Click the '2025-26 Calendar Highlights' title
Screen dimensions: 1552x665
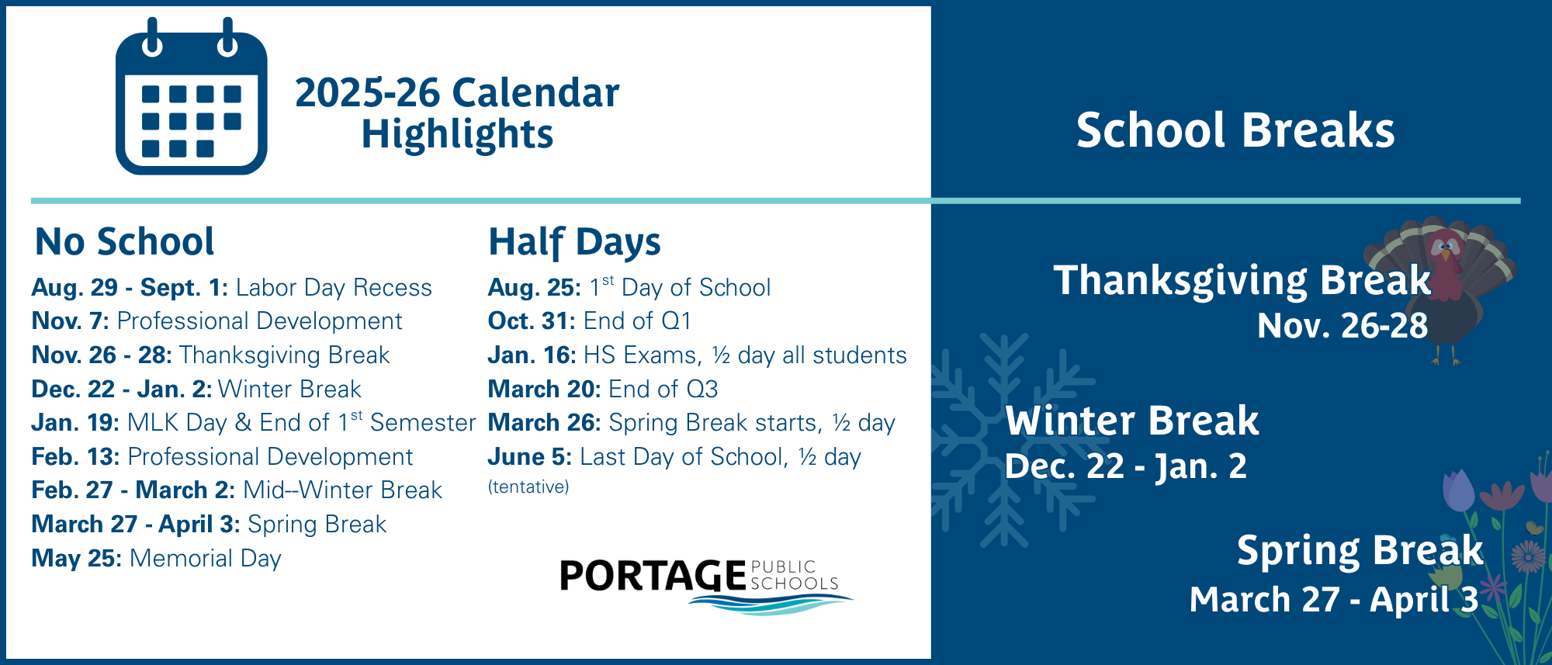(x=457, y=113)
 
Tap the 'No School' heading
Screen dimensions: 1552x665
(x=124, y=241)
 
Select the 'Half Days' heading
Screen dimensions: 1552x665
(x=574, y=241)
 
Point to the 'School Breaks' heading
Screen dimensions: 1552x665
(x=1235, y=130)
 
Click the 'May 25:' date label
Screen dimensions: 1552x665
(x=76, y=559)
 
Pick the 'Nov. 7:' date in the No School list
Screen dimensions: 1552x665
(x=70, y=321)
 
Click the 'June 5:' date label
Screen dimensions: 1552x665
(x=529, y=457)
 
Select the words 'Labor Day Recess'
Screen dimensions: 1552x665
(x=334, y=288)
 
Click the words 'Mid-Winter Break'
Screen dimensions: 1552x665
(x=342, y=490)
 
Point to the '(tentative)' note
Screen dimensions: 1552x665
(x=528, y=487)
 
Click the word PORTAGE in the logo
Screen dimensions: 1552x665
(x=653, y=576)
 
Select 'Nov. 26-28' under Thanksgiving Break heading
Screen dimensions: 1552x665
(x=1342, y=326)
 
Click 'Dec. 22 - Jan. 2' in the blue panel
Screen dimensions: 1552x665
(x=1126, y=466)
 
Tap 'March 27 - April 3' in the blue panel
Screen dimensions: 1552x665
(x=1334, y=600)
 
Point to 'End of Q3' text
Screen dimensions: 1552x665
(x=663, y=389)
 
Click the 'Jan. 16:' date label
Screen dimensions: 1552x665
(x=532, y=355)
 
